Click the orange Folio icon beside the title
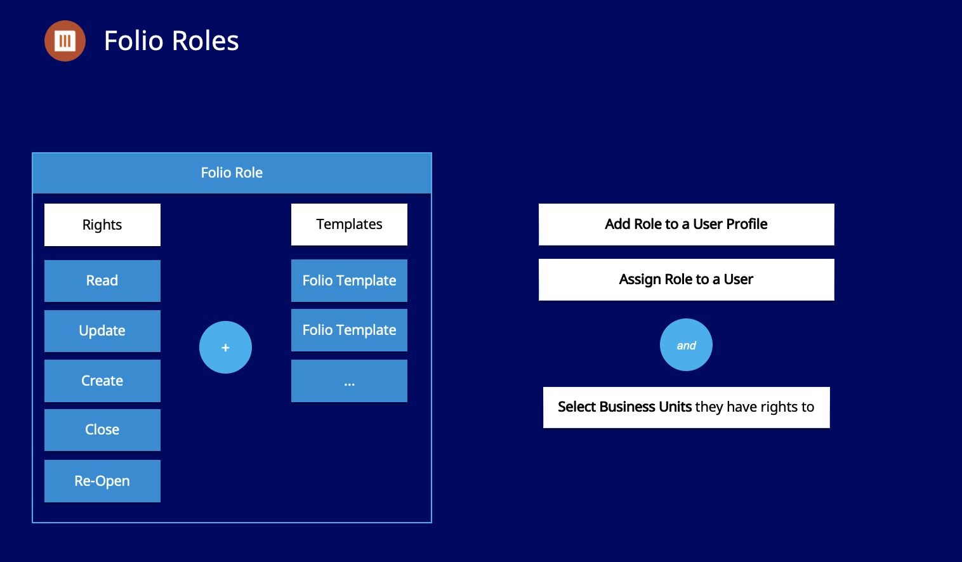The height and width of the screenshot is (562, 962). (x=65, y=41)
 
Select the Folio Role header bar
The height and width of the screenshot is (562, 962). (x=232, y=173)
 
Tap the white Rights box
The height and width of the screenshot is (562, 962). (x=102, y=225)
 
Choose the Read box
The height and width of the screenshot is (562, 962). (x=102, y=280)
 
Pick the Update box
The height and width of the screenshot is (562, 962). (x=102, y=330)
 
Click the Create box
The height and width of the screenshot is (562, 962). (x=102, y=381)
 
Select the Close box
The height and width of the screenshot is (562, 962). (x=102, y=429)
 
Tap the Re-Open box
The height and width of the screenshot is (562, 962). (x=102, y=481)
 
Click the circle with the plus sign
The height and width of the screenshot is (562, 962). (x=225, y=347)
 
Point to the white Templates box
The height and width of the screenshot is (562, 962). (x=349, y=224)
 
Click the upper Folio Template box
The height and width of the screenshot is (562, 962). (x=349, y=280)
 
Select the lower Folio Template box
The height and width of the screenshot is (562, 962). (x=349, y=330)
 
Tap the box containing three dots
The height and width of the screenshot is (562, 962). (x=349, y=381)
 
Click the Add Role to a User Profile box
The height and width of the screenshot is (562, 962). (x=686, y=224)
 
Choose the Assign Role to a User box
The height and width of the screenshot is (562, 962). (x=686, y=279)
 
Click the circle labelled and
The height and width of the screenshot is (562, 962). (x=686, y=344)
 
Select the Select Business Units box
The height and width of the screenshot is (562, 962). (x=686, y=407)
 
